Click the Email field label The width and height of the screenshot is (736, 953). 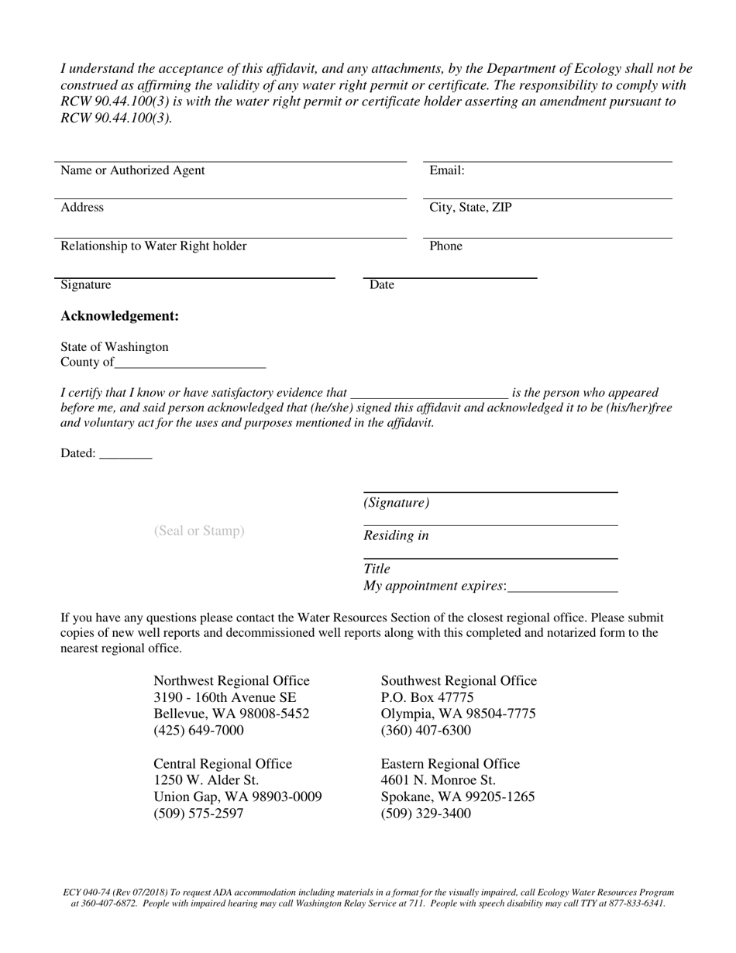click(446, 170)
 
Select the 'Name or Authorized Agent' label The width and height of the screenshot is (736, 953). click(132, 170)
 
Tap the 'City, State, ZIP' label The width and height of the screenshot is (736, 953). click(470, 208)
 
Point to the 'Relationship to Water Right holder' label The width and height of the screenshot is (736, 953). click(153, 246)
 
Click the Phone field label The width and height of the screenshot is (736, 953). click(445, 246)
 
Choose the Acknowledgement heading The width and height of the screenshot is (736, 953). click(120, 316)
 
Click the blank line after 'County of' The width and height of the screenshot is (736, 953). click(190, 363)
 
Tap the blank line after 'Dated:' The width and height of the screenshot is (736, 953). click(126, 454)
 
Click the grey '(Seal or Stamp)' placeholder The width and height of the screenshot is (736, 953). click(199, 531)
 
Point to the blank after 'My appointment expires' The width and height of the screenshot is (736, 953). click(563, 587)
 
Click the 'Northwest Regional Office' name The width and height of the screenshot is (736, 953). click(232, 681)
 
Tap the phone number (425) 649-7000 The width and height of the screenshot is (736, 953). click(198, 731)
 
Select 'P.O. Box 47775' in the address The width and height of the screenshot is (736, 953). click(427, 697)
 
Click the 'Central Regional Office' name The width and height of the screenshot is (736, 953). click(223, 764)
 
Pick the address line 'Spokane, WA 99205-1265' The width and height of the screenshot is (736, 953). click(458, 797)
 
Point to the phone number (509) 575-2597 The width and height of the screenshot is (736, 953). click(198, 814)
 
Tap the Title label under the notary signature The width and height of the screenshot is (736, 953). click(377, 569)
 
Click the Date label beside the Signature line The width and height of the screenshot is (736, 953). click(382, 285)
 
